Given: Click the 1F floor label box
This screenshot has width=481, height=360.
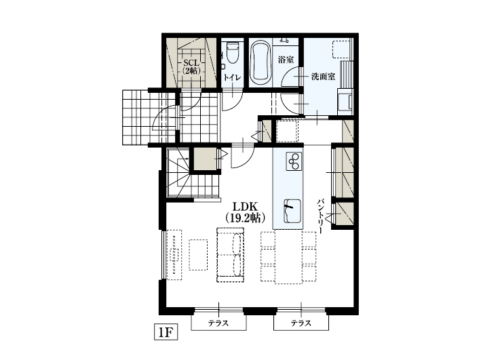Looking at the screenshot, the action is point(166,332).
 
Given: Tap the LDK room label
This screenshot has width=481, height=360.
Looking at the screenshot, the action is point(245,206).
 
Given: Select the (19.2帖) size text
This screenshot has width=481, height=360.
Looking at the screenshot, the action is point(245,218).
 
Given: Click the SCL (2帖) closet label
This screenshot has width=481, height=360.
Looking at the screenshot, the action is point(191,66).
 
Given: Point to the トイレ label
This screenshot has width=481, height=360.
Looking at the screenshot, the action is point(231,77).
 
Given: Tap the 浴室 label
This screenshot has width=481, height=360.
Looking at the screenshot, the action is point(286,60).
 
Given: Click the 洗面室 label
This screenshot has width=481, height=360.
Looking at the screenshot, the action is point(323,77).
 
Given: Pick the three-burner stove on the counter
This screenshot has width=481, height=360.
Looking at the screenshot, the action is point(294,161).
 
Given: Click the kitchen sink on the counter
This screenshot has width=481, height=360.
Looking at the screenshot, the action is point(292,211).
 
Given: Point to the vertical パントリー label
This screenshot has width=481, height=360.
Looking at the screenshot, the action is point(320,216).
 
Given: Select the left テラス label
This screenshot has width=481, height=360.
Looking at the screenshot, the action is point(218,323).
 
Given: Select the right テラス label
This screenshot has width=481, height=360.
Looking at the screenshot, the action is point(301,323).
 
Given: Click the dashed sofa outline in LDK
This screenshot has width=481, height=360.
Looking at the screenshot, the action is point(230,254).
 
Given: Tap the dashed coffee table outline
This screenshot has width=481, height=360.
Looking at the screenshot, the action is point(198,254).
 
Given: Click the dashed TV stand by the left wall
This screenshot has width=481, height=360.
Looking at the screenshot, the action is point(174,254).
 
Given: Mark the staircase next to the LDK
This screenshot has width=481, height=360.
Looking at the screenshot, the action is point(193,174).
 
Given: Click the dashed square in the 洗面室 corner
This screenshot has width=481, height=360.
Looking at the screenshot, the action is point(341,49).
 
